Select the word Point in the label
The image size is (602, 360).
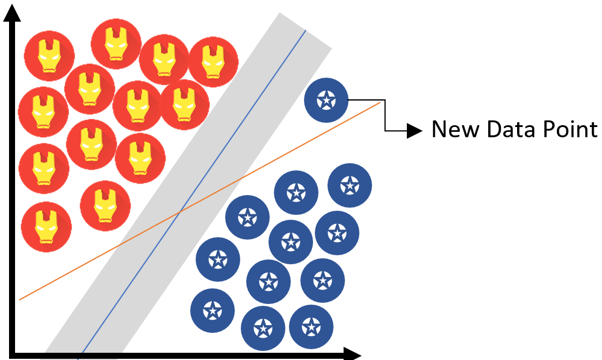tap(569, 129)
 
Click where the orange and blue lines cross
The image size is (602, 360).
tap(180, 211)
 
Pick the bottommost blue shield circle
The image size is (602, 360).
tap(262, 329)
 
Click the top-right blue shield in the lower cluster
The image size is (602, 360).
tap(350, 185)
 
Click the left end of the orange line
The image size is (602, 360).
tap(20, 299)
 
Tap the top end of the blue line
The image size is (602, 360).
tap(306, 29)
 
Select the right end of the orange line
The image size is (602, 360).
tap(380, 103)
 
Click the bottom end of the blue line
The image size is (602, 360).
tap(79, 358)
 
